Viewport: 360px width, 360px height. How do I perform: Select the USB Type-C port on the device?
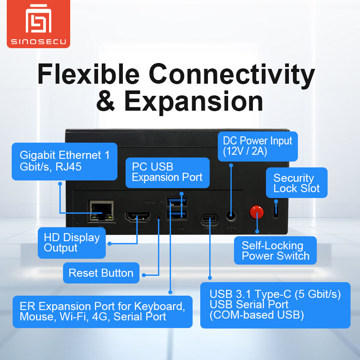click(x=209, y=219)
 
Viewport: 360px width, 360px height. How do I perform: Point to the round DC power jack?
click(x=231, y=216)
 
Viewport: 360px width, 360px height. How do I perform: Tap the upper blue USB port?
click(x=175, y=201)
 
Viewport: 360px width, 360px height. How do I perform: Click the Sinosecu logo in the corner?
click(x=38, y=25)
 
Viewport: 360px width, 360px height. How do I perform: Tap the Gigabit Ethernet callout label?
click(x=64, y=161)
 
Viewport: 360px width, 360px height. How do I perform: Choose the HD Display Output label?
click(x=72, y=243)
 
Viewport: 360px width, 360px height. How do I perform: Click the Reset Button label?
click(x=101, y=273)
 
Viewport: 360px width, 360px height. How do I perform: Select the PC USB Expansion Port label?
click(x=167, y=172)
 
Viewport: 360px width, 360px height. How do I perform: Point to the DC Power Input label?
click(x=257, y=146)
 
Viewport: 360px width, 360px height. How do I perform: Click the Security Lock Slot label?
click(x=296, y=183)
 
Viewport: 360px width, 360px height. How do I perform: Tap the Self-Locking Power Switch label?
click(x=275, y=251)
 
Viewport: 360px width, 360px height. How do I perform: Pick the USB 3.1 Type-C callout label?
click(x=275, y=305)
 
